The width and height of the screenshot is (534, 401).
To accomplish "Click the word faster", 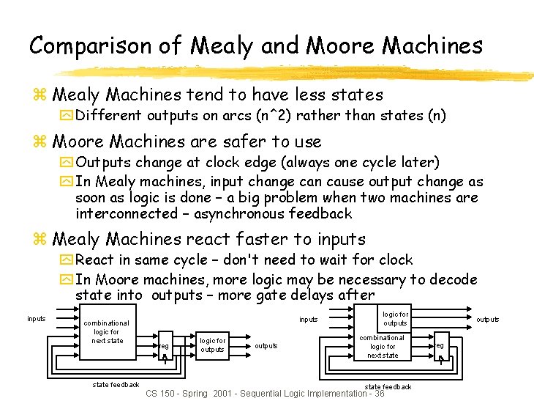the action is (x=266, y=239).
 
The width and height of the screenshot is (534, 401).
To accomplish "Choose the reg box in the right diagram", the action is (x=440, y=346).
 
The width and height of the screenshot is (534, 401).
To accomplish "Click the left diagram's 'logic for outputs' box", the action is (x=212, y=345).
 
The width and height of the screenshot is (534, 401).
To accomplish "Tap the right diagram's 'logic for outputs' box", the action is (x=395, y=319).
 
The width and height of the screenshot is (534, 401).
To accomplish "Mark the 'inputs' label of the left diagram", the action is (x=37, y=318).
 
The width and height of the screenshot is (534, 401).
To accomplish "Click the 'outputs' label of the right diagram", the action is (x=488, y=319).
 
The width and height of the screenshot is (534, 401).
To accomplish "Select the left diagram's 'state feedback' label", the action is (x=116, y=384).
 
